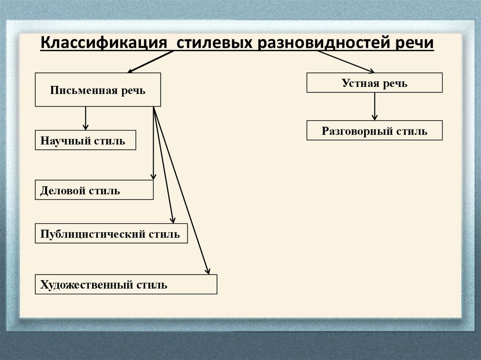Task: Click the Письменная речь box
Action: (98, 90)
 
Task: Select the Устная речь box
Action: (374, 83)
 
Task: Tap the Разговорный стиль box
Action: (374, 130)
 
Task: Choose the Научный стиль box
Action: (85, 140)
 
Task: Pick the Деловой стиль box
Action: (94, 190)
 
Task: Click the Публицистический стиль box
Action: (111, 233)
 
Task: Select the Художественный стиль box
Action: (126, 284)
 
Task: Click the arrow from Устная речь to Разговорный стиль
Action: (374, 107)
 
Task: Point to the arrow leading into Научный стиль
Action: (85, 118)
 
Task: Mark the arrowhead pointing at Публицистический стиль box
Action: (172, 219)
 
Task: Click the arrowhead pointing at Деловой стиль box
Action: (153, 176)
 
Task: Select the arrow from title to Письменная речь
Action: (150, 61)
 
